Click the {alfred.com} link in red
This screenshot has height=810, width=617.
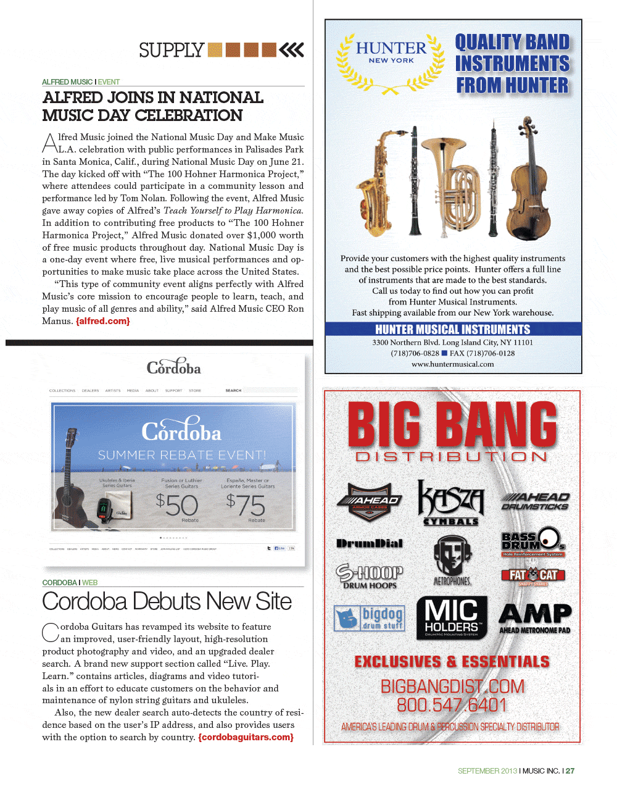click(x=102, y=321)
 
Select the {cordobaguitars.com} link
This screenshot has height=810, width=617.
click(x=246, y=737)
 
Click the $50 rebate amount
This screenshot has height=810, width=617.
click(x=177, y=506)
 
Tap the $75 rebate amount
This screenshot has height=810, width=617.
click(x=245, y=506)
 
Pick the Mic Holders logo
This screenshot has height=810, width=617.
click(x=452, y=617)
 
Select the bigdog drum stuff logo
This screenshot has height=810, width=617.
click(x=370, y=618)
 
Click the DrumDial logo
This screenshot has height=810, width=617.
click(x=369, y=543)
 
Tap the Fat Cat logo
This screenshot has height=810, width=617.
click(x=533, y=575)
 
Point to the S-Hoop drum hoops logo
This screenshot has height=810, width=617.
click(x=369, y=576)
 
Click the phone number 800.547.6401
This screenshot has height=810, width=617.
click(x=452, y=705)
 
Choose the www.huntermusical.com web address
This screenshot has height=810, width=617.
click(x=453, y=364)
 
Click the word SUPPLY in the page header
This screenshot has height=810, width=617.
click(x=171, y=50)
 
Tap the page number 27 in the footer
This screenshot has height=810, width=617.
click(x=570, y=770)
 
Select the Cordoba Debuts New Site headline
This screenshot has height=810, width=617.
click(x=167, y=601)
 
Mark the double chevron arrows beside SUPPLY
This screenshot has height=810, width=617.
click(x=292, y=50)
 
